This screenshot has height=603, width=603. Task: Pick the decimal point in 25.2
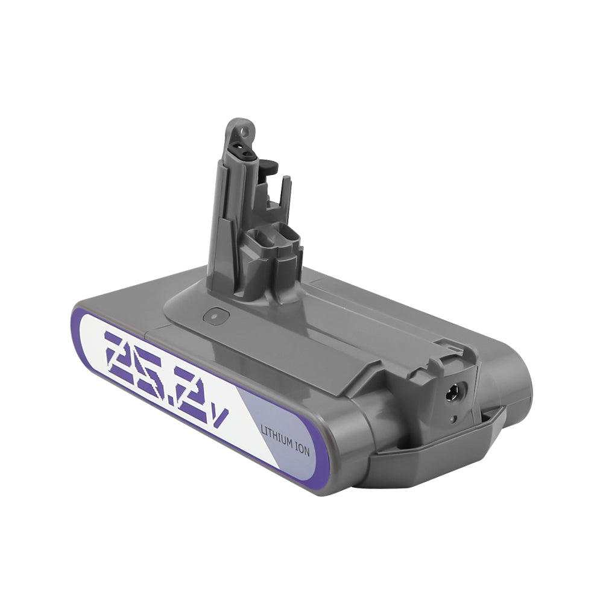tap(172, 392)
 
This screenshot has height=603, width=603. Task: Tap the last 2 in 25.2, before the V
tap(199, 392)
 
